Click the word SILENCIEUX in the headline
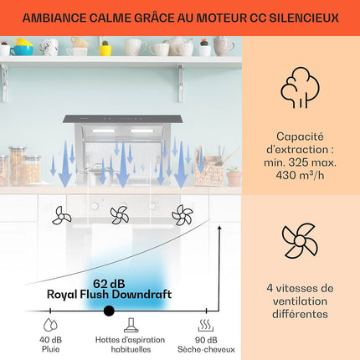click(x=304, y=18)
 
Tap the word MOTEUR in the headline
click(x=222, y=18)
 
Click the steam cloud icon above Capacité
click(x=300, y=88)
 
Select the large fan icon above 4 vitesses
click(x=300, y=240)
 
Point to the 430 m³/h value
click(x=300, y=175)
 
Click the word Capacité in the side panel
click(x=300, y=136)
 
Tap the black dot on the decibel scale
click(x=109, y=311)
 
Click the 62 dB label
click(x=109, y=284)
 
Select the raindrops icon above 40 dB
click(x=50, y=325)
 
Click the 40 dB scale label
click(x=50, y=340)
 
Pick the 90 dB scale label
click(x=206, y=340)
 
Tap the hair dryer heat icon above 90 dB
click(x=206, y=325)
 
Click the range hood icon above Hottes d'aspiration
click(x=131, y=325)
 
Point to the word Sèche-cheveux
click(x=206, y=349)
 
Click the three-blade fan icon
click(x=61, y=215)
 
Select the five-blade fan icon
click(x=183, y=215)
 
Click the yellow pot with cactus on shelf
click(x=105, y=49)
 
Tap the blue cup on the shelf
click(x=22, y=50)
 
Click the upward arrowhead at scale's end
click(x=219, y=228)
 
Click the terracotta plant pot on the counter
click(x=234, y=179)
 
